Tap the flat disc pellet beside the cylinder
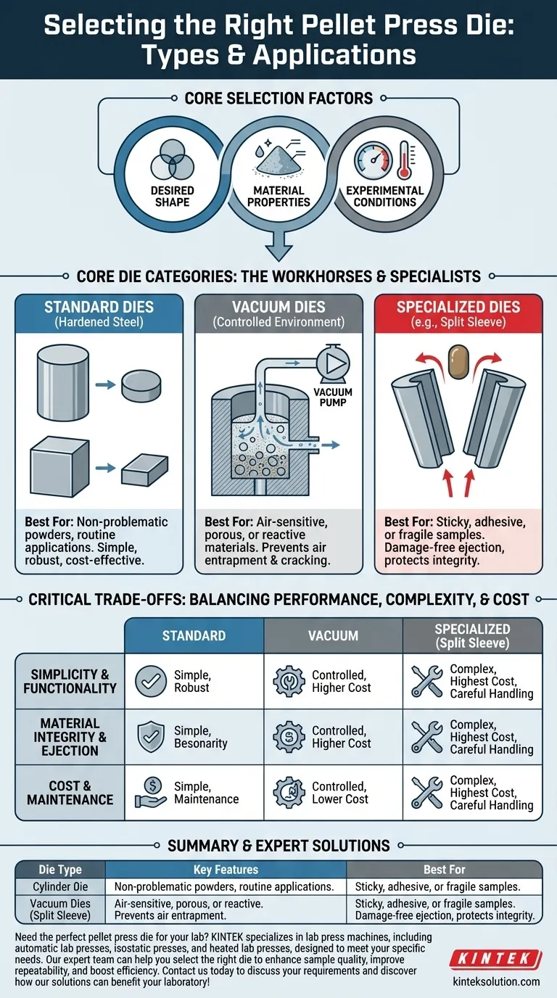(142, 384)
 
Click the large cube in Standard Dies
(60, 469)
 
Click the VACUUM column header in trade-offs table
(334, 635)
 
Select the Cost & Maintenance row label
(70, 793)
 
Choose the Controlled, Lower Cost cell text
(341, 793)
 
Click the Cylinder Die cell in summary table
(60, 886)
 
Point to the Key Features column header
(226, 869)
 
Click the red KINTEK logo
(495, 960)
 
